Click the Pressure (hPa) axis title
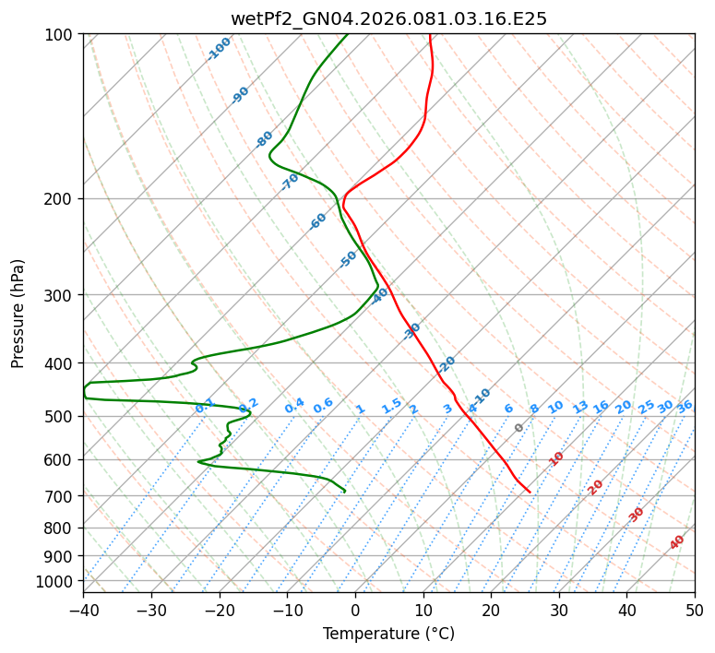(x=18, y=313)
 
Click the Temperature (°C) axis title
(x=388, y=634)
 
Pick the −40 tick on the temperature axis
(x=83, y=610)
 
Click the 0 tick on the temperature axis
(x=355, y=610)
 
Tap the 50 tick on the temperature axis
(x=695, y=610)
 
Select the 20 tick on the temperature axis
(x=491, y=610)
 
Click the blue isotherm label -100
(x=220, y=49)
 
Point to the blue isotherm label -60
(x=318, y=221)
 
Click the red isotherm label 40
(x=677, y=542)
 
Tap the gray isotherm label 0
(x=519, y=428)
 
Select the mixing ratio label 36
(x=685, y=406)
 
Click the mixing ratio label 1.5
(x=391, y=405)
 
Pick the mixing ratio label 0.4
(x=294, y=406)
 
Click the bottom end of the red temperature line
(x=530, y=492)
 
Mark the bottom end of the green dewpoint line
(x=345, y=491)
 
